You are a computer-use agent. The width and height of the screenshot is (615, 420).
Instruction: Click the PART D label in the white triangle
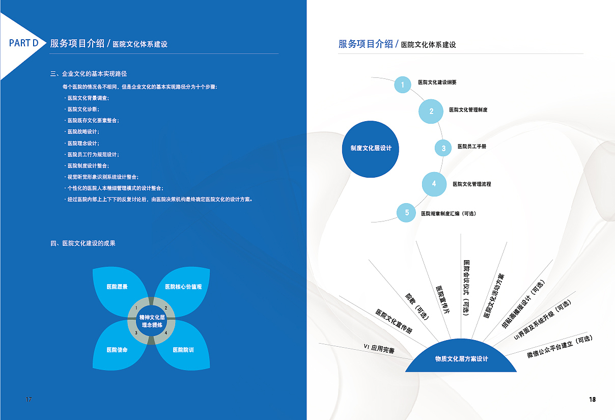pos(23,43)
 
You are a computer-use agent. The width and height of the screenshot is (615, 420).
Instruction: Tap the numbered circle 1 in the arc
pos(403,85)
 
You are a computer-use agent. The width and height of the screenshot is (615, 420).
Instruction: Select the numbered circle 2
pos(431,111)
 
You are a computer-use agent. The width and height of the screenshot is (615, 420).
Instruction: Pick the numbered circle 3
pos(443,148)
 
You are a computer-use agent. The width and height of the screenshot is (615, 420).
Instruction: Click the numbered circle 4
pos(434,184)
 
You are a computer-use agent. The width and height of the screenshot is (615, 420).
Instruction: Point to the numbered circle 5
pos(406,212)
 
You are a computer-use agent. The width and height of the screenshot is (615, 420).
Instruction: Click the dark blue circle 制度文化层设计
pos(370,149)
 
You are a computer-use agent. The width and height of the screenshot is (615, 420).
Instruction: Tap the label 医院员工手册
pos(471,146)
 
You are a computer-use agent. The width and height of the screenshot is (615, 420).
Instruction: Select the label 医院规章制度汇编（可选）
pos(449,213)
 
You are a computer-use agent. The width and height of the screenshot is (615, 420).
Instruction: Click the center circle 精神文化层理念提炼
pos(152,321)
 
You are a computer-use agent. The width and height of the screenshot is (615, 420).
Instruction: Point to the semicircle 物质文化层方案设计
pos(461,357)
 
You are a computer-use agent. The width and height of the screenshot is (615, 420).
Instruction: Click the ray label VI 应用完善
pos(379,349)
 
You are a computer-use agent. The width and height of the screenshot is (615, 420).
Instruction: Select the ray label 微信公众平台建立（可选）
pos(560,346)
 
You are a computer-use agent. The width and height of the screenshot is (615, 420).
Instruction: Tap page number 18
pos(593,400)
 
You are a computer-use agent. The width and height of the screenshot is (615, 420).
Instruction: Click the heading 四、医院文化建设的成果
pos(83,243)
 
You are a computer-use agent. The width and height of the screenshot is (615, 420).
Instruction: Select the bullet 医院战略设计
pos(82,132)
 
